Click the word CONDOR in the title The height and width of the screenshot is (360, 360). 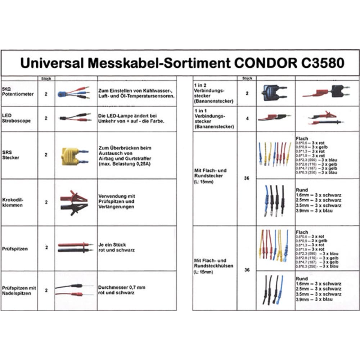tap(264, 63)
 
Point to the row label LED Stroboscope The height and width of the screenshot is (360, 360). tap(17, 118)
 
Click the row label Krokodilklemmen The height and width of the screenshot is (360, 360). tap(14, 202)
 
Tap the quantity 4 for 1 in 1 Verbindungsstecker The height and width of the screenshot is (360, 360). tap(247, 118)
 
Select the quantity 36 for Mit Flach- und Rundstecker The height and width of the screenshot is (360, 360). tap(247, 178)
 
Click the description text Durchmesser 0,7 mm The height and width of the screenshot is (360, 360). tap(122, 288)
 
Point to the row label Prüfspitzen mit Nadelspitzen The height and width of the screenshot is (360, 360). tap(19, 291)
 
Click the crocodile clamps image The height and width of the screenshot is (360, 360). tap(74, 203)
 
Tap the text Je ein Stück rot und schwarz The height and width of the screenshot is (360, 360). tap(117, 247)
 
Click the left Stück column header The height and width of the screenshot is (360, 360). tap(46, 78)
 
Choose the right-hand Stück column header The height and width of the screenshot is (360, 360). tap(247, 78)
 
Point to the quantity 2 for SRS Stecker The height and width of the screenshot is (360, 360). tap(46, 155)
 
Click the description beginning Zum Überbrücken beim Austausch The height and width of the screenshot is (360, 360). tap(125, 156)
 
